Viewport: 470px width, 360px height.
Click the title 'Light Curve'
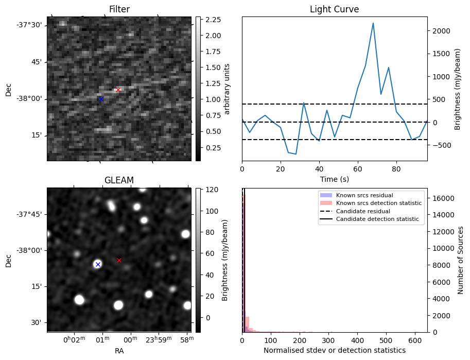click(334, 9)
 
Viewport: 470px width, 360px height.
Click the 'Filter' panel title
click(119, 9)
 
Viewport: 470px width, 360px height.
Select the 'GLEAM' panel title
click(119, 180)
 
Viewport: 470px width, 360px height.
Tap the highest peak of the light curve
click(373, 23)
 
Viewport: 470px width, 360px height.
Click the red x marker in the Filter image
click(118, 90)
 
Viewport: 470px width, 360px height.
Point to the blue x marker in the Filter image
click(101, 99)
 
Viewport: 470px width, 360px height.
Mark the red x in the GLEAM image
click(119, 260)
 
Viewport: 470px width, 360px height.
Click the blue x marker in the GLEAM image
click(97, 264)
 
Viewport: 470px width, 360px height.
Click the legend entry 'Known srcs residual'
click(364, 196)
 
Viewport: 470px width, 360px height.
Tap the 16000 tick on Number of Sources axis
click(441, 198)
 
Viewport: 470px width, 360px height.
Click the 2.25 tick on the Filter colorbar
click(213, 20)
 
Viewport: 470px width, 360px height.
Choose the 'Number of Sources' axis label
click(461, 260)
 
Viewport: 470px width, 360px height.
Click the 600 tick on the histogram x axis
click(415, 340)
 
